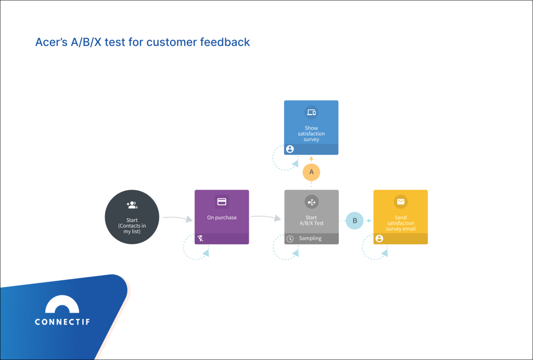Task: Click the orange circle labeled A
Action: point(311,172)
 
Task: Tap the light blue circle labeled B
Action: point(354,220)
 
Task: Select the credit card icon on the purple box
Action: point(222,202)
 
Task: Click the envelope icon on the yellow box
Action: point(400,202)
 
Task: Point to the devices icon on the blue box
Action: point(311,113)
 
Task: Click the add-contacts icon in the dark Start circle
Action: point(132,205)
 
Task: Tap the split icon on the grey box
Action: point(311,202)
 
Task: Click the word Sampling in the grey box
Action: point(310,238)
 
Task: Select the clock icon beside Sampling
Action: point(290,239)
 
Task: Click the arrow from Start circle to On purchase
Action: point(177,218)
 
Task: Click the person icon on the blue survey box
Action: point(290,149)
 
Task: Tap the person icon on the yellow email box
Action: point(379,239)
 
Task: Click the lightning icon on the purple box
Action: point(200,239)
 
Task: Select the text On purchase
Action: point(222,217)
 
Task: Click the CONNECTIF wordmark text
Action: point(62,321)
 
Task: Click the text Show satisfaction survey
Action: point(311,134)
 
